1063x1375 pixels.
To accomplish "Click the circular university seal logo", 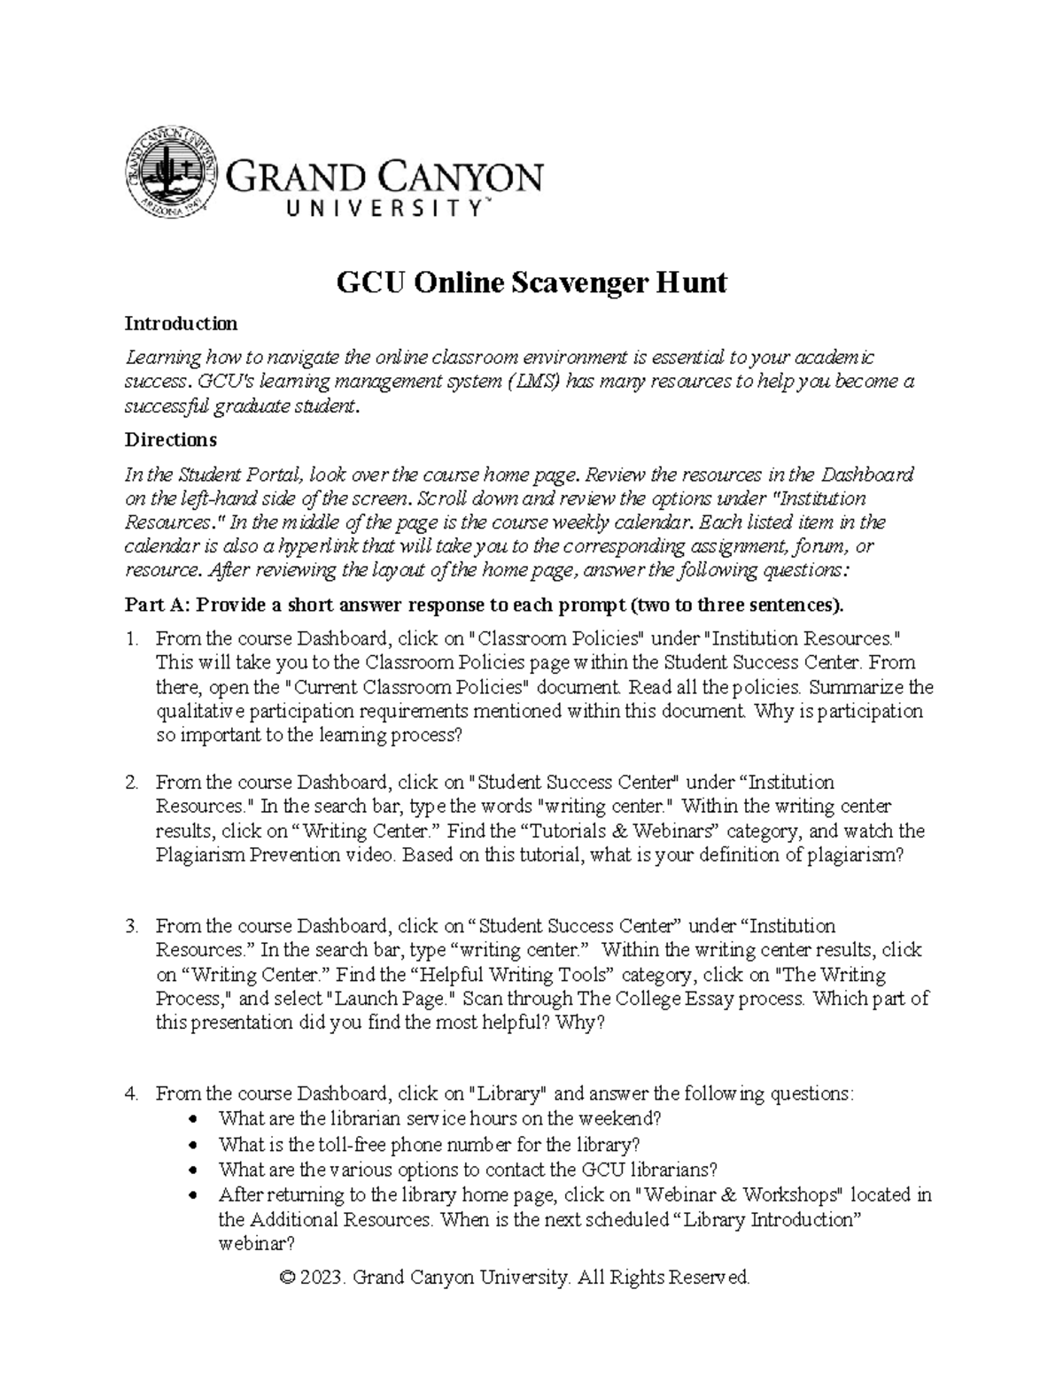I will pos(172,174).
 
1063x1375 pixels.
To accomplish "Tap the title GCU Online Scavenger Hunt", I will pos(531,282).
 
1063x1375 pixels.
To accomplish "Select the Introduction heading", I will pos(181,323).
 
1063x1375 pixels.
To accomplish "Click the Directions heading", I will pos(170,439).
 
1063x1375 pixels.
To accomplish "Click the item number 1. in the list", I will pos(132,638).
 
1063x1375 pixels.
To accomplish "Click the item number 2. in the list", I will pos(132,783).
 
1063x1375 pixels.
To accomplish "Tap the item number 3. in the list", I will pos(132,926).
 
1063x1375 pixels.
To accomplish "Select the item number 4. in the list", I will pos(132,1093).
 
